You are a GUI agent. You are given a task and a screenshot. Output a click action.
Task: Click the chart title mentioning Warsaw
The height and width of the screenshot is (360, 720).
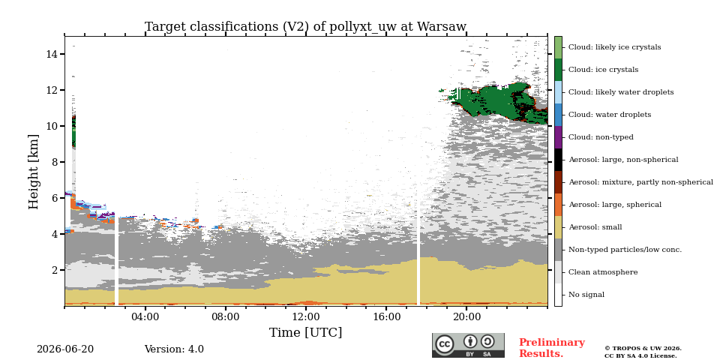tap(305, 27)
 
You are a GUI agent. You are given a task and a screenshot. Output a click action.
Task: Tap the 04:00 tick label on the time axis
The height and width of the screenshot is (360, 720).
tap(145, 316)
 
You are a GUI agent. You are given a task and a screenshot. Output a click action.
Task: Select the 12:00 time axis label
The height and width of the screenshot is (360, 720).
tap(306, 316)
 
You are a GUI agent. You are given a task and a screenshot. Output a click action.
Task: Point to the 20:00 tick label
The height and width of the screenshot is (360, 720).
tap(467, 316)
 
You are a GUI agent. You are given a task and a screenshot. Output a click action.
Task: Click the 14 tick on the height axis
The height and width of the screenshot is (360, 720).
tap(52, 54)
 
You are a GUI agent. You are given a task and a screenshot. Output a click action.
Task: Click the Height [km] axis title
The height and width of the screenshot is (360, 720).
tap(34, 172)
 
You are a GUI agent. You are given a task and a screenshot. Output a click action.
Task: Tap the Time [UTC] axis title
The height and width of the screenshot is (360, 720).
tap(305, 332)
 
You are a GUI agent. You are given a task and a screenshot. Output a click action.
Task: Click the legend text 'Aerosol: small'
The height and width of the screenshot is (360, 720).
tap(595, 227)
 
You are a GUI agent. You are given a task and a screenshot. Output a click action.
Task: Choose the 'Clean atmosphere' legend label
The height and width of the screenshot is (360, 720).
tap(603, 272)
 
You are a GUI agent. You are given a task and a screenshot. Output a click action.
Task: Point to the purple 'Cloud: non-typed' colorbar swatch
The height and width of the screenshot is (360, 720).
tap(558, 137)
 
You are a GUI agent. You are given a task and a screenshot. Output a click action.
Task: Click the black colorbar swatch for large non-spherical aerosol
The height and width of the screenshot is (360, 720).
tap(558, 160)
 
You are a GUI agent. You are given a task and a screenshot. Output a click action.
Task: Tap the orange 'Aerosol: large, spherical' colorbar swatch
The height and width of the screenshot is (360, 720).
tap(558, 205)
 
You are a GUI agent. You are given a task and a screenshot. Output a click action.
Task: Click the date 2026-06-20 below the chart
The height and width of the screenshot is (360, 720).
tap(65, 349)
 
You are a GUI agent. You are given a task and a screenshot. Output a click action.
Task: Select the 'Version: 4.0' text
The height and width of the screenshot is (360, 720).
tap(174, 349)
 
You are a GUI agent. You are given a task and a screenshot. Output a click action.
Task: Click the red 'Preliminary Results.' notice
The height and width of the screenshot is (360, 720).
tap(552, 348)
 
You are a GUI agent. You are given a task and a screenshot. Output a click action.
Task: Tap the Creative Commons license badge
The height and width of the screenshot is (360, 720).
tap(468, 345)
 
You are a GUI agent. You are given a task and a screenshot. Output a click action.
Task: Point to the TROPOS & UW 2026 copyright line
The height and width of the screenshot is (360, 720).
tap(643, 349)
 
